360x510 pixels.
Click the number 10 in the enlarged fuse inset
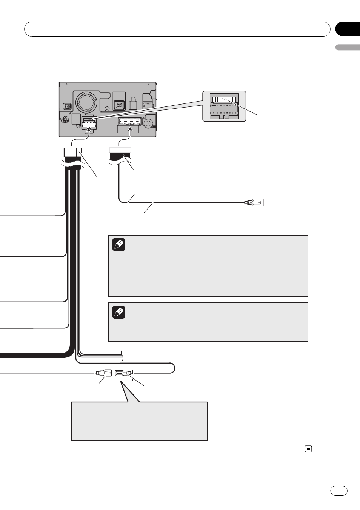click(224, 100)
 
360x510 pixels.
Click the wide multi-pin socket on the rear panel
click(130, 122)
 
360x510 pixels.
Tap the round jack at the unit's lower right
click(148, 123)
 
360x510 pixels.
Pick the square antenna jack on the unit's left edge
click(68, 106)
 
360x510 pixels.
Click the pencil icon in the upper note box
click(118, 245)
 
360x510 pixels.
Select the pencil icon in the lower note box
click(118, 312)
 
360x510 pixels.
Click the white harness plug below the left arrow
click(73, 152)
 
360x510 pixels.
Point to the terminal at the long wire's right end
click(254, 202)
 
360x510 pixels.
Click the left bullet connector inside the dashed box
click(103, 373)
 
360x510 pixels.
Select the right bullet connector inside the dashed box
click(123, 373)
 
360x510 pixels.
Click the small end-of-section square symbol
click(308, 448)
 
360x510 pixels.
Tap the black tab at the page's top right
click(348, 29)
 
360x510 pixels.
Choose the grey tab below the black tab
click(348, 47)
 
